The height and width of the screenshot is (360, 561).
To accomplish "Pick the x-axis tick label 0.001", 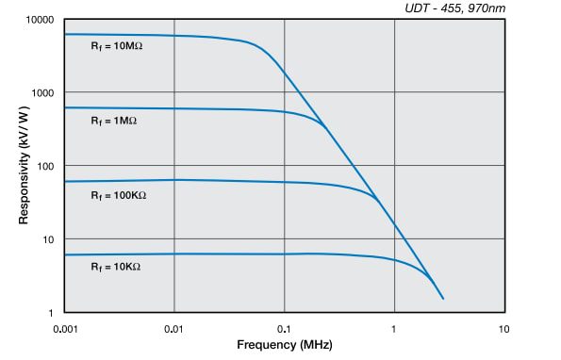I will coord(64,329).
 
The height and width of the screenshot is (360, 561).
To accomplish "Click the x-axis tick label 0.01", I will coord(174,329).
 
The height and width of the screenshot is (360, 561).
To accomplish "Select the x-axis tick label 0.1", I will coord(285,329).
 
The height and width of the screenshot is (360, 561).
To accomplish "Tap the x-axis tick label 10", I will coord(504,329).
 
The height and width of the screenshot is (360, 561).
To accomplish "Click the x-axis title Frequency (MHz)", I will coord(284,346).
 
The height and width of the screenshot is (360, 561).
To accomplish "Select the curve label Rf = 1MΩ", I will coord(114,122).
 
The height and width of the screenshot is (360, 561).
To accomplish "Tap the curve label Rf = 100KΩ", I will coord(118,196).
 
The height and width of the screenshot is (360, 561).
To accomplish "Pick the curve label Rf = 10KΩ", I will coord(115,267).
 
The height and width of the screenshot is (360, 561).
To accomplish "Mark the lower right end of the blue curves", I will coord(442,299).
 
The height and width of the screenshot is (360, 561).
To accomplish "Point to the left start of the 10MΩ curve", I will coord(64,34).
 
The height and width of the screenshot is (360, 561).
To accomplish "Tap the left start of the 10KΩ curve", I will coord(64,254).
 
